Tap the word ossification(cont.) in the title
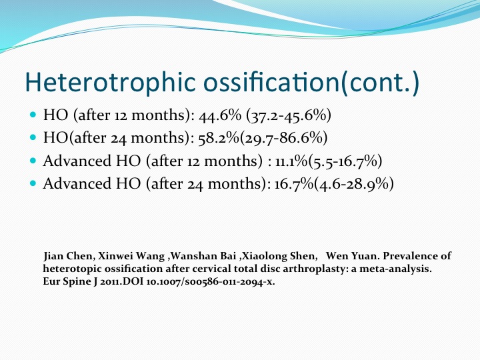pyautogui.click(x=311, y=82)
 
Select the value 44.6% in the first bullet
pyautogui.click(x=220, y=115)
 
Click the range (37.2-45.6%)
pyautogui.click(x=289, y=115)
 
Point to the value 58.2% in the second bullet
pyautogui.click(x=219, y=138)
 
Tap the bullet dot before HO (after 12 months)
pyautogui.click(x=33, y=115)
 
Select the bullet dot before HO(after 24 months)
pyautogui.click(x=33, y=137)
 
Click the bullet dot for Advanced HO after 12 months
pyautogui.click(x=33, y=161)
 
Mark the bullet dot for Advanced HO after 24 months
pyautogui.click(x=33, y=184)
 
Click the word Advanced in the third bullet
pyautogui.click(x=77, y=161)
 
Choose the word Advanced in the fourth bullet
pyautogui.click(x=77, y=184)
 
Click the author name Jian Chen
pyautogui.click(x=67, y=256)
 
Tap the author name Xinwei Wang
pyautogui.click(x=131, y=256)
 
